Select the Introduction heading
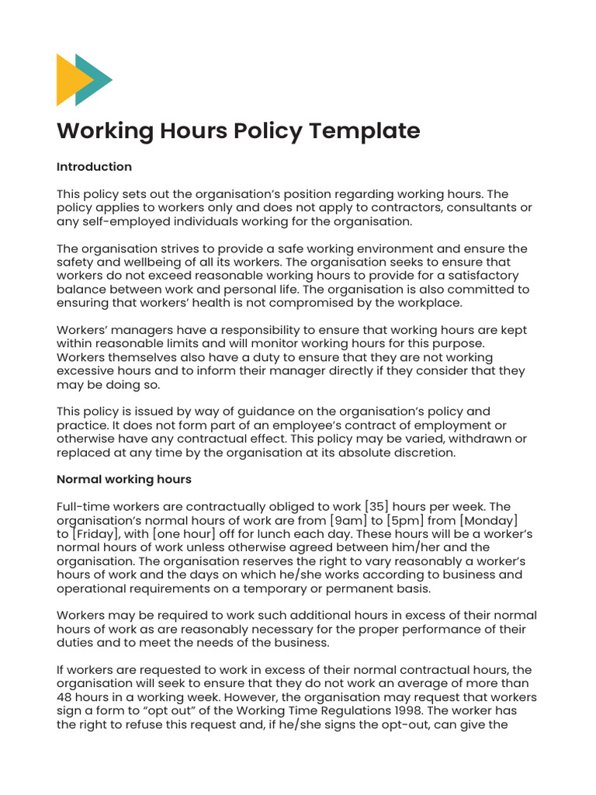click(94, 166)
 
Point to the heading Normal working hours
click(124, 479)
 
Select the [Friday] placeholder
click(99, 534)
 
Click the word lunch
click(260, 534)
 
